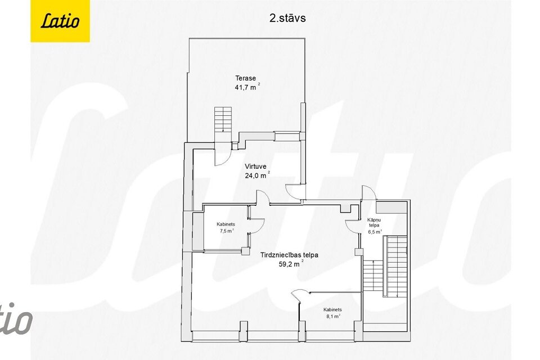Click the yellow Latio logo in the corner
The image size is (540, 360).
click(60, 21)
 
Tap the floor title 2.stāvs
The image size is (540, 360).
click(287, 17)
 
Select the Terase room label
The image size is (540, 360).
click(245, 78)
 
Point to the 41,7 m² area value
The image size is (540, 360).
click(246, 87)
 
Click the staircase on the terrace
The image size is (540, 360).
click(223, 119)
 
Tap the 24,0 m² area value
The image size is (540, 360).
click(256, 175)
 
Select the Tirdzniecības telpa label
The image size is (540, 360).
click(289, 255)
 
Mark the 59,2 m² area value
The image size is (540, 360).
click(290, 264)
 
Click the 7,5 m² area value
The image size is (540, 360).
click(226, 231)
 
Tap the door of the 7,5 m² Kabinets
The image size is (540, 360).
click(256, 225)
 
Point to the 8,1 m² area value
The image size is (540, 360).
click(334, 317)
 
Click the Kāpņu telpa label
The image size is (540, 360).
click(375, 222)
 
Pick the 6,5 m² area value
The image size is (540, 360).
click(375, 231)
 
